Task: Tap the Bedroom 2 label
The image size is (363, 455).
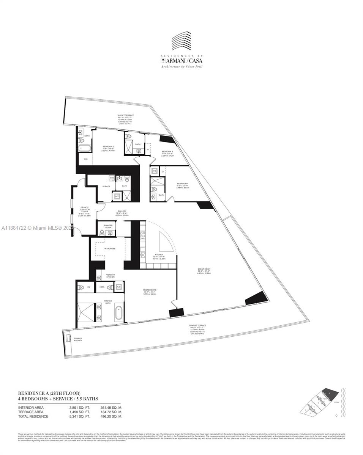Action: (108, 146)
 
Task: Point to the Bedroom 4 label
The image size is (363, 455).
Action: (183, 184)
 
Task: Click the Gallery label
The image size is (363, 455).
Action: (122, 211)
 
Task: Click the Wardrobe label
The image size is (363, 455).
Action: (110, 248)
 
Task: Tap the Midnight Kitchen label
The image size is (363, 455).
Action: (110, 276)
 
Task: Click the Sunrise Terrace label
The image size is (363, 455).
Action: (197, 325)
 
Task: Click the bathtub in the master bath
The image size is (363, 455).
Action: (119, 313)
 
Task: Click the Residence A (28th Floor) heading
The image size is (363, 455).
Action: (49, 393)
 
